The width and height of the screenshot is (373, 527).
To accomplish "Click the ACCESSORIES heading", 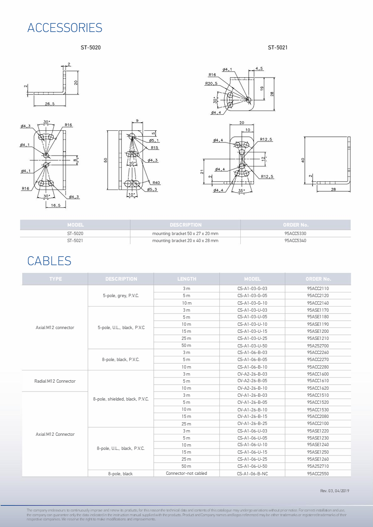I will (64, 28).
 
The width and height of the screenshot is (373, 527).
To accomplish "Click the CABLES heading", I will (49, 261).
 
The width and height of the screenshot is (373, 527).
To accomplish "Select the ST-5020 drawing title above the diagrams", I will (90, 47).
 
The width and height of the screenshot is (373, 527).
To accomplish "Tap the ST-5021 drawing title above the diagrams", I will (278, 47).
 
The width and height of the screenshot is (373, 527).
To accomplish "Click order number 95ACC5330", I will (295, 233).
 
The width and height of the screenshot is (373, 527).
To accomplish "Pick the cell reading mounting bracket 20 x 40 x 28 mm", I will (185, 241).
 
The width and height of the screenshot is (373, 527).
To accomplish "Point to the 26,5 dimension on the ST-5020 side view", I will (49, 103).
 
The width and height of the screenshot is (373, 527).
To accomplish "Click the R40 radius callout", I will (156, 182).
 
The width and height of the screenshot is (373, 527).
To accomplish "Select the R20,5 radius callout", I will (211, 84).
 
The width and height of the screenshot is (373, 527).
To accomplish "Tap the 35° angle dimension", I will (242, 191).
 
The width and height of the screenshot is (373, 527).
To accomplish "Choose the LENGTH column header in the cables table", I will (187, 279).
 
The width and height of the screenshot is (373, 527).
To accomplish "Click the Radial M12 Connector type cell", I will (55, 381).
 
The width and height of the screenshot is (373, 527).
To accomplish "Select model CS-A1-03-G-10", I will (252, 303).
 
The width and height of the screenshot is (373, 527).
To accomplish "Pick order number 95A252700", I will (318, 346).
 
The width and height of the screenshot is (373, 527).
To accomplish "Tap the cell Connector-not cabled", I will (187, 473).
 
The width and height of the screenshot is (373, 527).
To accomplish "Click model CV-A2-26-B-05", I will (252, 381).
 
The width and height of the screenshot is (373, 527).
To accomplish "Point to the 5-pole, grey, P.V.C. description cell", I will (121, 296).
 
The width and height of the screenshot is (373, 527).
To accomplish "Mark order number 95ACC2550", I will (318, 473).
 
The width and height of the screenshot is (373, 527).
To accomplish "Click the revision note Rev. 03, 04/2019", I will (334, 491).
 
